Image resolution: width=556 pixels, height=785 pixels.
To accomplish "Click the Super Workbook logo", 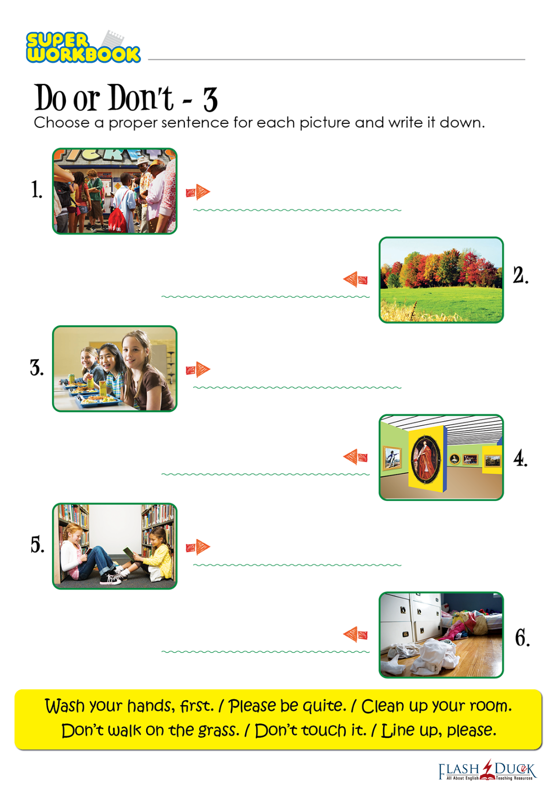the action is coord(83,47).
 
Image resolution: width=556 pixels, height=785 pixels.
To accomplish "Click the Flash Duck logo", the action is coord(487,770).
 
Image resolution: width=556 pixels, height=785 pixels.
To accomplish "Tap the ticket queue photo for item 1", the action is coord(114,191).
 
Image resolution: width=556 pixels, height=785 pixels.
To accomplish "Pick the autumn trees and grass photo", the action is coord(441,280).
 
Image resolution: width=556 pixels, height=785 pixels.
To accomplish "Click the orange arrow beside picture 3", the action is coord(198,369).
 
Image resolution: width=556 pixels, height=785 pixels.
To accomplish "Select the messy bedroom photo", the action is coord(441,635).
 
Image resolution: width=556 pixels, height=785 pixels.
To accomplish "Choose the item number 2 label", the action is coord(521,275).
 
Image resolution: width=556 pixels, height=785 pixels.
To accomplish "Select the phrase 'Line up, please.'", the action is coord(439,731).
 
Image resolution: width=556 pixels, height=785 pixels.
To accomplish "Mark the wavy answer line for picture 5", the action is coord(297,565).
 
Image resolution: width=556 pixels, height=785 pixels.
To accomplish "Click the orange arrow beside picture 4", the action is coord(355,456).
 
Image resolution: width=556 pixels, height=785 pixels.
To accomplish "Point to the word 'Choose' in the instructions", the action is coord(61,123).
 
